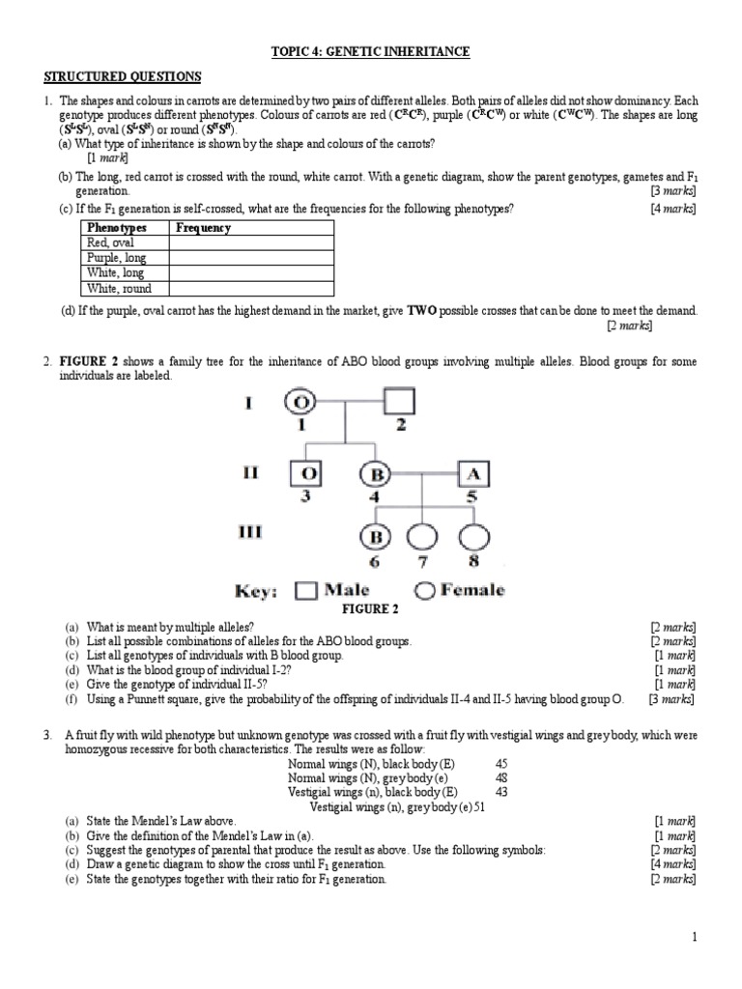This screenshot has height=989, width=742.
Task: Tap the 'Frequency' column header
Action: point(203,228)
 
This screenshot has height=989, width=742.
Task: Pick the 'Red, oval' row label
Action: point(111,243)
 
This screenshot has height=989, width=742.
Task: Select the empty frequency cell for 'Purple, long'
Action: point(251,258)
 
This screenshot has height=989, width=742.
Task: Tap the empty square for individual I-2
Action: point(398,400)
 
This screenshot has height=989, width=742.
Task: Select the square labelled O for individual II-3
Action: point(306,473)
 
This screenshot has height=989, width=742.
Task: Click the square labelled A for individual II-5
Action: point(472,473)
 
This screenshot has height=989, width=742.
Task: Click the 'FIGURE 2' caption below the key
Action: point(371,609)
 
